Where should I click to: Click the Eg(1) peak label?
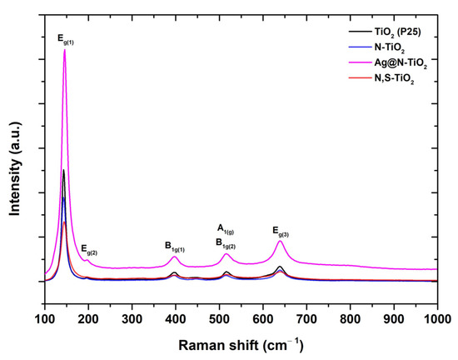pyautogui.click(x=65, y=38)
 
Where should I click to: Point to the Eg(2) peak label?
pyautogui.click(x=89, y=249)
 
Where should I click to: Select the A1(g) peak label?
pyautogui.click(x=226, y=228)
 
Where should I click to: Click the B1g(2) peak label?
pyautogui.click(x=226, y=243)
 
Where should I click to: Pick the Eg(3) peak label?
pyautogui.click(x=281, y=229)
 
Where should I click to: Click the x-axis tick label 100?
pyautogui.click(x=45, y=319)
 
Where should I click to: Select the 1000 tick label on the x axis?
pyautogui.click(x=436, y=319)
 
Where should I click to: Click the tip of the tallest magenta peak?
pyautogui.click(x=64, y=50)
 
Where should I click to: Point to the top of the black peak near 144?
pyautogui.click(x=63, y=170)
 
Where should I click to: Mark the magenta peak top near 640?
pyautogui.click(x=281, y=241)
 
